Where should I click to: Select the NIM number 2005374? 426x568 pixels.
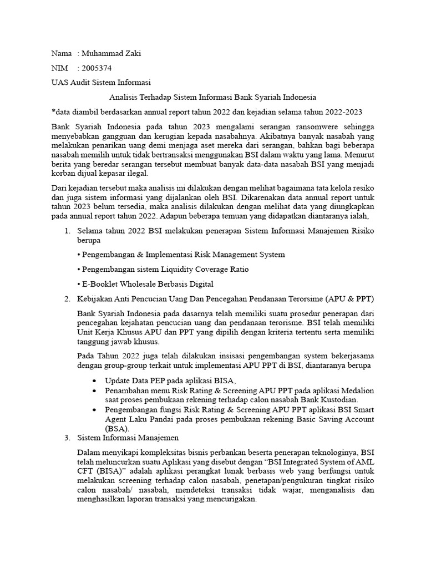(x=96, y=68)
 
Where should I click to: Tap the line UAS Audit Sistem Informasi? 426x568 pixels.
(x=101, y=83)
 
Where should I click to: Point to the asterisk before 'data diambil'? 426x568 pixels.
(x=53, y=111)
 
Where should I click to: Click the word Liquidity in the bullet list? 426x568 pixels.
(x=177, y=269)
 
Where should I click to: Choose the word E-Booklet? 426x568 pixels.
(x=102, y=284)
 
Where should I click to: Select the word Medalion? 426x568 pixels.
(x=358, y=390)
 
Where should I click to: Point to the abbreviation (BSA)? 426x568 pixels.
(x=116, y=429)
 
